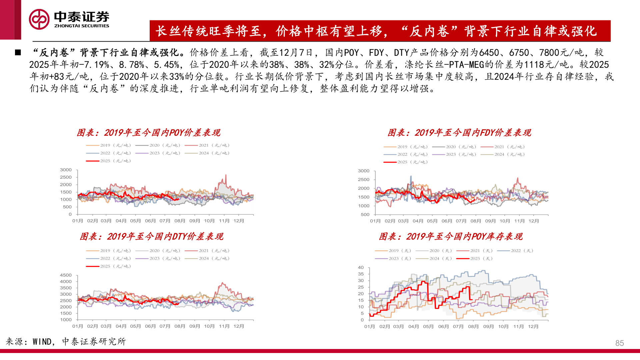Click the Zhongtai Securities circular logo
39,19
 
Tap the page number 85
619,343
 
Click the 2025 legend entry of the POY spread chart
108,161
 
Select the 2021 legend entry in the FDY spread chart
503,147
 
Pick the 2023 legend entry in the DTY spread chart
158,258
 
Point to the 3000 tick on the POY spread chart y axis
66,170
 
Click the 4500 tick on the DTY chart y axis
66,275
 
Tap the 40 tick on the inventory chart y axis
361,268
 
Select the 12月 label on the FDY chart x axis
533,221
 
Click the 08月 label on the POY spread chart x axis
180,221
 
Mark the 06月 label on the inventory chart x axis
443,327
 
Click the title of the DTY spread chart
152,237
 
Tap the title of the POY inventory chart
451,237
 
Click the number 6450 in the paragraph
489,53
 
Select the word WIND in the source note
42,342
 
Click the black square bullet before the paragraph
18,53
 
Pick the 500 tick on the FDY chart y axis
365,215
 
